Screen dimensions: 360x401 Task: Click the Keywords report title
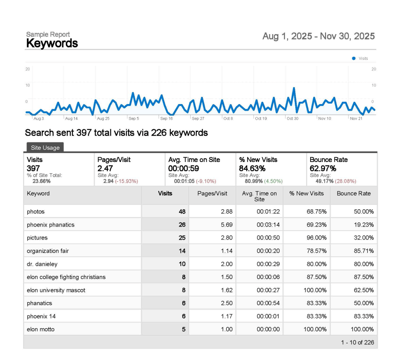point(52,43)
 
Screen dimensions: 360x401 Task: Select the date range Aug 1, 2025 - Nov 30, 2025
point(318,36)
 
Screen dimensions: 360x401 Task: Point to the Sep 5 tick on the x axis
point(134,118)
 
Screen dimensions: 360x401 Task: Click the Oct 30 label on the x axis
point(292,118)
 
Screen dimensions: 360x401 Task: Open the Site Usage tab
point(45,148)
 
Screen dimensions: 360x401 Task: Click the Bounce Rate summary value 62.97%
point(323,168)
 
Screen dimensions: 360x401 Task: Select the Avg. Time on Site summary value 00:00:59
point(184,168)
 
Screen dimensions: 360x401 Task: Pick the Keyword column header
point(38,193)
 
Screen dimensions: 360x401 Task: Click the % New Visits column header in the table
point(306,193)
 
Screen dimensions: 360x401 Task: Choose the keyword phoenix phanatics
point(51,225)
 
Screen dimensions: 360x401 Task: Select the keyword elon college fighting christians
point(66,277)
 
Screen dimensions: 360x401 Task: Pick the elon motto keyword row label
point(41,329)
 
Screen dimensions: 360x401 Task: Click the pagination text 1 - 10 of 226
point(357,342)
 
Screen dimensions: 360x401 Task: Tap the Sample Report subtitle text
point(48,34)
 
